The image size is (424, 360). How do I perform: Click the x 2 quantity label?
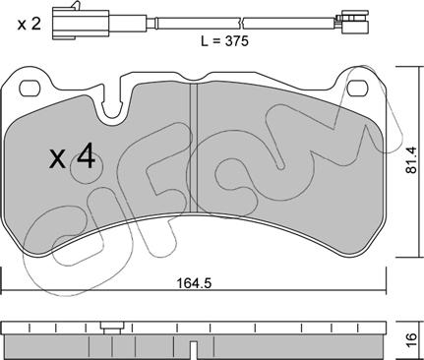click(x=30, y=25)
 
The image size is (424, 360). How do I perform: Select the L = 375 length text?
click(x=224, y=41)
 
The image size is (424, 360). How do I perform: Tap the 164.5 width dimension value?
click(x=195, y=282)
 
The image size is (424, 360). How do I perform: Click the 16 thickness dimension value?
click(x=412, y=336)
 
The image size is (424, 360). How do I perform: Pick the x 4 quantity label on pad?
click(x=72, y=158)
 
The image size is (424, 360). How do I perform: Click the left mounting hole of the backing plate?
click(x=31, y=88)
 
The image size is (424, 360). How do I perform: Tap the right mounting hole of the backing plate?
click(x=358, y=88)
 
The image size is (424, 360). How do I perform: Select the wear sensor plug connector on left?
click(x=81, y=24)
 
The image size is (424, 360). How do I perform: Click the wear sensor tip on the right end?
click(x=355, y=22)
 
